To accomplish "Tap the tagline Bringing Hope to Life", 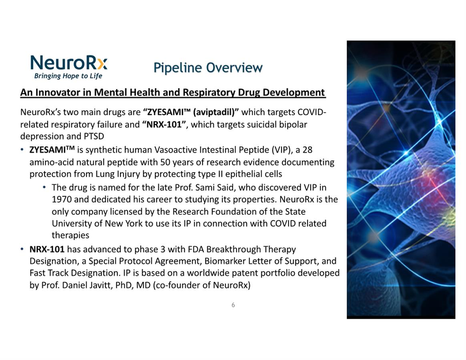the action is point(68,76).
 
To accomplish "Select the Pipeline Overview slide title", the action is point(208,68).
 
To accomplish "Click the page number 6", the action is point(233,305).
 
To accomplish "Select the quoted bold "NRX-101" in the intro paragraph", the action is point(165,124).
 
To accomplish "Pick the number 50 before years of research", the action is point(165,162).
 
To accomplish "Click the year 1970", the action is point(62,199).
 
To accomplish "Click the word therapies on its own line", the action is point(70,235).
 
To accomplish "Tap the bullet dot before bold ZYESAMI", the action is point(22,150).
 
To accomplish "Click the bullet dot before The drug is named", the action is point(44,188).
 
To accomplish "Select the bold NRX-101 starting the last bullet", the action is point(47,249).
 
